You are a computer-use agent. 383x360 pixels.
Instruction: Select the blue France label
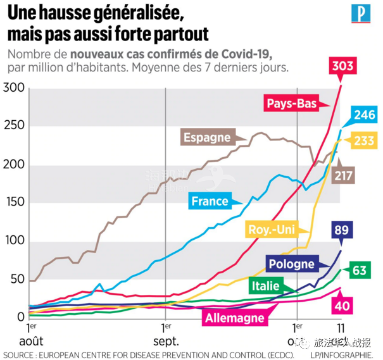210,201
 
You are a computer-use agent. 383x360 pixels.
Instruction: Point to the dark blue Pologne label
291,264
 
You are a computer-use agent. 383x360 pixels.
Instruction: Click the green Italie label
265,286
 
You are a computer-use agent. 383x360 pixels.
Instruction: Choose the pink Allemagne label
234,317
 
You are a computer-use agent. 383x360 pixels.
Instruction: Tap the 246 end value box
363,115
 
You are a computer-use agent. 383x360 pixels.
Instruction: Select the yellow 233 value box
364,141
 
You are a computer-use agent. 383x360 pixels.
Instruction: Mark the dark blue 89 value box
342,230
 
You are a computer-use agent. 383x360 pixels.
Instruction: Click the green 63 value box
360,271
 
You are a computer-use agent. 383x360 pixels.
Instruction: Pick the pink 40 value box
342,306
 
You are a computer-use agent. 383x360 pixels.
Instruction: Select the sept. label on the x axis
166,341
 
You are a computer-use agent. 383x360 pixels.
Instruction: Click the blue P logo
360,15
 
